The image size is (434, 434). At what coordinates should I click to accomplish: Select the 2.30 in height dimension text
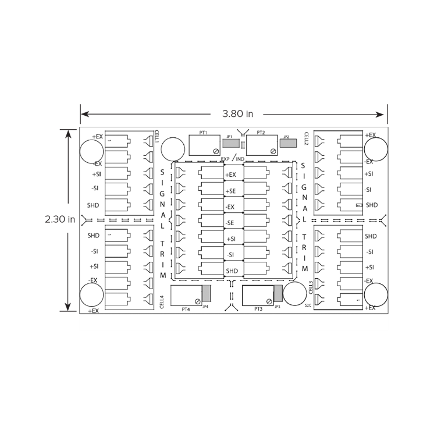tap(61, 219)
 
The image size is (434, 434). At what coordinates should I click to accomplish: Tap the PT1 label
tap(203, 133)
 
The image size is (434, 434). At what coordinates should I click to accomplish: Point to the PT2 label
tap(261, 133)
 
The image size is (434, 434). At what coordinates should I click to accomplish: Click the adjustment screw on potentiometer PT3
tap(269, 301)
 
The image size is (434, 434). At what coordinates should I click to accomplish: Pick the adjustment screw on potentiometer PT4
tap(198, 301)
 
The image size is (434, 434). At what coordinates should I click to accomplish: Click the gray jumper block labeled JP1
tap(231, 143)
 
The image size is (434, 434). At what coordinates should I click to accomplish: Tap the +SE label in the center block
tap(231, 190)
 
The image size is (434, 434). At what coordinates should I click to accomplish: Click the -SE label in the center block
tap(231, 223)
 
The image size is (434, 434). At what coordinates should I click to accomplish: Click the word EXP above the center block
tap(226, 158)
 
